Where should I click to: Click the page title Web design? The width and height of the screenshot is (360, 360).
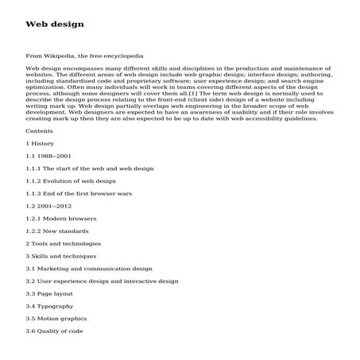click(x=54, y=25)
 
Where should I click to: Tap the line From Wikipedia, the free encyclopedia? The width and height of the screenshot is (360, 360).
click(x=84, y=56)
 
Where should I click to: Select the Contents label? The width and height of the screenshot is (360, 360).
click(x=41, y=130)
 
